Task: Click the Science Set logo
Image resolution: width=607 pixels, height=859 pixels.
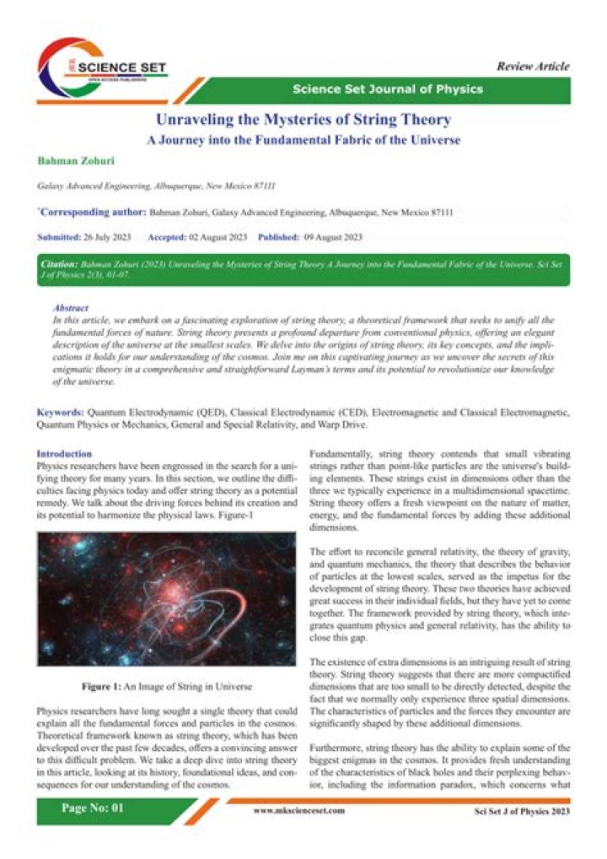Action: pos(101,69)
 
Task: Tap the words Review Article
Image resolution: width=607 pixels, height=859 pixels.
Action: pos(533,67)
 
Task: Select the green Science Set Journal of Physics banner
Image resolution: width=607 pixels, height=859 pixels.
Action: pos(388,89)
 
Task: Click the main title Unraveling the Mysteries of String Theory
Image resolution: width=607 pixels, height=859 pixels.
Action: pos(303,120)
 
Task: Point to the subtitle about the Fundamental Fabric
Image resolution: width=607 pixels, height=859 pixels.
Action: pos(303,140)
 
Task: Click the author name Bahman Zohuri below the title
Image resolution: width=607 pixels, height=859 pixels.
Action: pos(71,160)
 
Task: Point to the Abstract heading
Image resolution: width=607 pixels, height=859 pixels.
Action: pos(71,310)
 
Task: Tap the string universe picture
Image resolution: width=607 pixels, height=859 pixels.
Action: pos(166,598)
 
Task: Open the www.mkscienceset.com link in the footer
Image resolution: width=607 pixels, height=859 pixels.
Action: pos(299,810)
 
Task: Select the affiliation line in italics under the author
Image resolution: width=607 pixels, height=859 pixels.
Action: pos(156,185)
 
